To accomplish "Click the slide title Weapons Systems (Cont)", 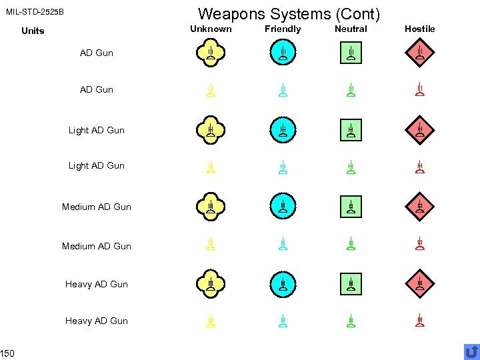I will pyautogui.click(x=289, y=13).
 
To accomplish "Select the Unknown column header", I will pyautogui.click(x=211, y=29).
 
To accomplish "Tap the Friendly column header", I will pyautogui.click(x=283, y=29).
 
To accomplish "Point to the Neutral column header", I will pyautogui.click(x=351, y=29).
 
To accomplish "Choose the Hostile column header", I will pyautogui.click(x=419, y=29).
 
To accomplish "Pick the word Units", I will pyautogui.click(x=33, y=31).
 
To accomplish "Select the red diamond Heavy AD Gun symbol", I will pyautogui.click(x=419, y=284).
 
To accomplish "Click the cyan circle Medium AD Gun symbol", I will pyautogui.click(x=283, y=207).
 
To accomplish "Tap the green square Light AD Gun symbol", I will pyautogui.click(x=351, y=130).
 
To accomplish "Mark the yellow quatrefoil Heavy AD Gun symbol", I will pyautogui.click(x=210, y=284).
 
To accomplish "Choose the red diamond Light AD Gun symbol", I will pyautogui.click(x=419, y=130).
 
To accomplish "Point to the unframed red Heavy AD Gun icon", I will pyautogui.click(x=419, y=321).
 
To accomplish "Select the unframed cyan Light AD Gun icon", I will pyautogui.click(x=283, y=167).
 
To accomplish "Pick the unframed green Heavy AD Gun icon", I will pyautogui.click(x=351, y=321).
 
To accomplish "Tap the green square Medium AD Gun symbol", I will pyautogui.click(x=351, y=207).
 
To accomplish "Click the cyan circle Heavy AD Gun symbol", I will pyautogui.click(x=283, y=284).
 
